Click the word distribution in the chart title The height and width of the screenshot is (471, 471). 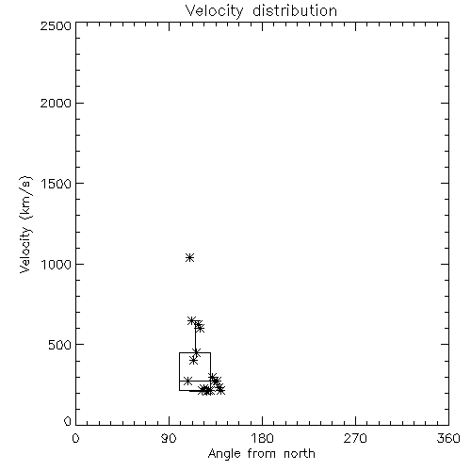295,10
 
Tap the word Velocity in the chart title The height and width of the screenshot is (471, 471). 215,11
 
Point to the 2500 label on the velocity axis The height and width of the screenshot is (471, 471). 56,25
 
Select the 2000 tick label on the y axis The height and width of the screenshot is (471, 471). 56,103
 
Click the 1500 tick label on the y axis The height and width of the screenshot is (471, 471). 57,184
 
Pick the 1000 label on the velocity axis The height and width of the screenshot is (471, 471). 57,264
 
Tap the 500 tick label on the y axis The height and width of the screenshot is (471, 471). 60,345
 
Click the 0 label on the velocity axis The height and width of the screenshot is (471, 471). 68,421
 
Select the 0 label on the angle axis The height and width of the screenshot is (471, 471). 75,438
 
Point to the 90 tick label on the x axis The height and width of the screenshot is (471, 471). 169,438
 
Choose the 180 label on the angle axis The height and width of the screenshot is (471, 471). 262,438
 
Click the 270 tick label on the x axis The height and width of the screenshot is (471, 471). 355,438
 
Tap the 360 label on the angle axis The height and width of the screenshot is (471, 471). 448,438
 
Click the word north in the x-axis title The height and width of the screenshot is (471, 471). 300,454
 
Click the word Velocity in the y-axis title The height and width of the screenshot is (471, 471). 25,250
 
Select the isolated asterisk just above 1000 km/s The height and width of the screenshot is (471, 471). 189,258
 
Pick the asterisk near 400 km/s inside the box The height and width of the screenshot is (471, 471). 194,361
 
